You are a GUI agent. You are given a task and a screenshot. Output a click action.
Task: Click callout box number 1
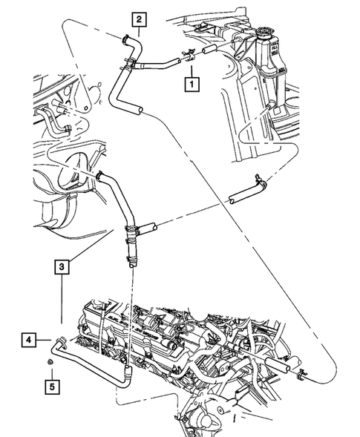click(192, 85)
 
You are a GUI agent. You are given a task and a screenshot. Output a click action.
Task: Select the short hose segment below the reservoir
click(244, 196)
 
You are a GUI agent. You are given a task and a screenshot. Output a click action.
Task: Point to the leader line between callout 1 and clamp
click(192, 68)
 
